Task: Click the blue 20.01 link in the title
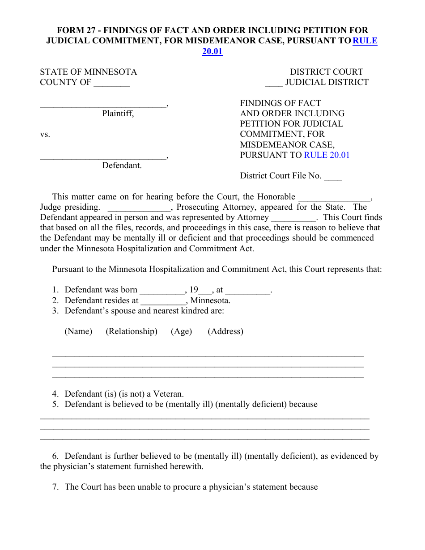[x=212, y=51]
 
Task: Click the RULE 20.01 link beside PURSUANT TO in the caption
[x=327, y=155]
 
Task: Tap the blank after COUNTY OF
[x=111, y=83]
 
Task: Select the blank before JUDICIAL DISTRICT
[x=273, y=83]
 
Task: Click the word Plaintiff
[x=118, y=114]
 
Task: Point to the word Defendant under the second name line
[x=122, y=165]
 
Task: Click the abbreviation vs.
[x=45, y=135]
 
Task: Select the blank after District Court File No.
[x=333, y=177]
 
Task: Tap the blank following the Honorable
[x=335, y=197]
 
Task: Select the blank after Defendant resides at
[x=163, y=301]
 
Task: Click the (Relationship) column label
[x=132, y=331]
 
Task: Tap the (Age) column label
[x=181, y=331]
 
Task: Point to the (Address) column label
[x=225, y=331]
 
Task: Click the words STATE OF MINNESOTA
[x=89, y=72]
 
